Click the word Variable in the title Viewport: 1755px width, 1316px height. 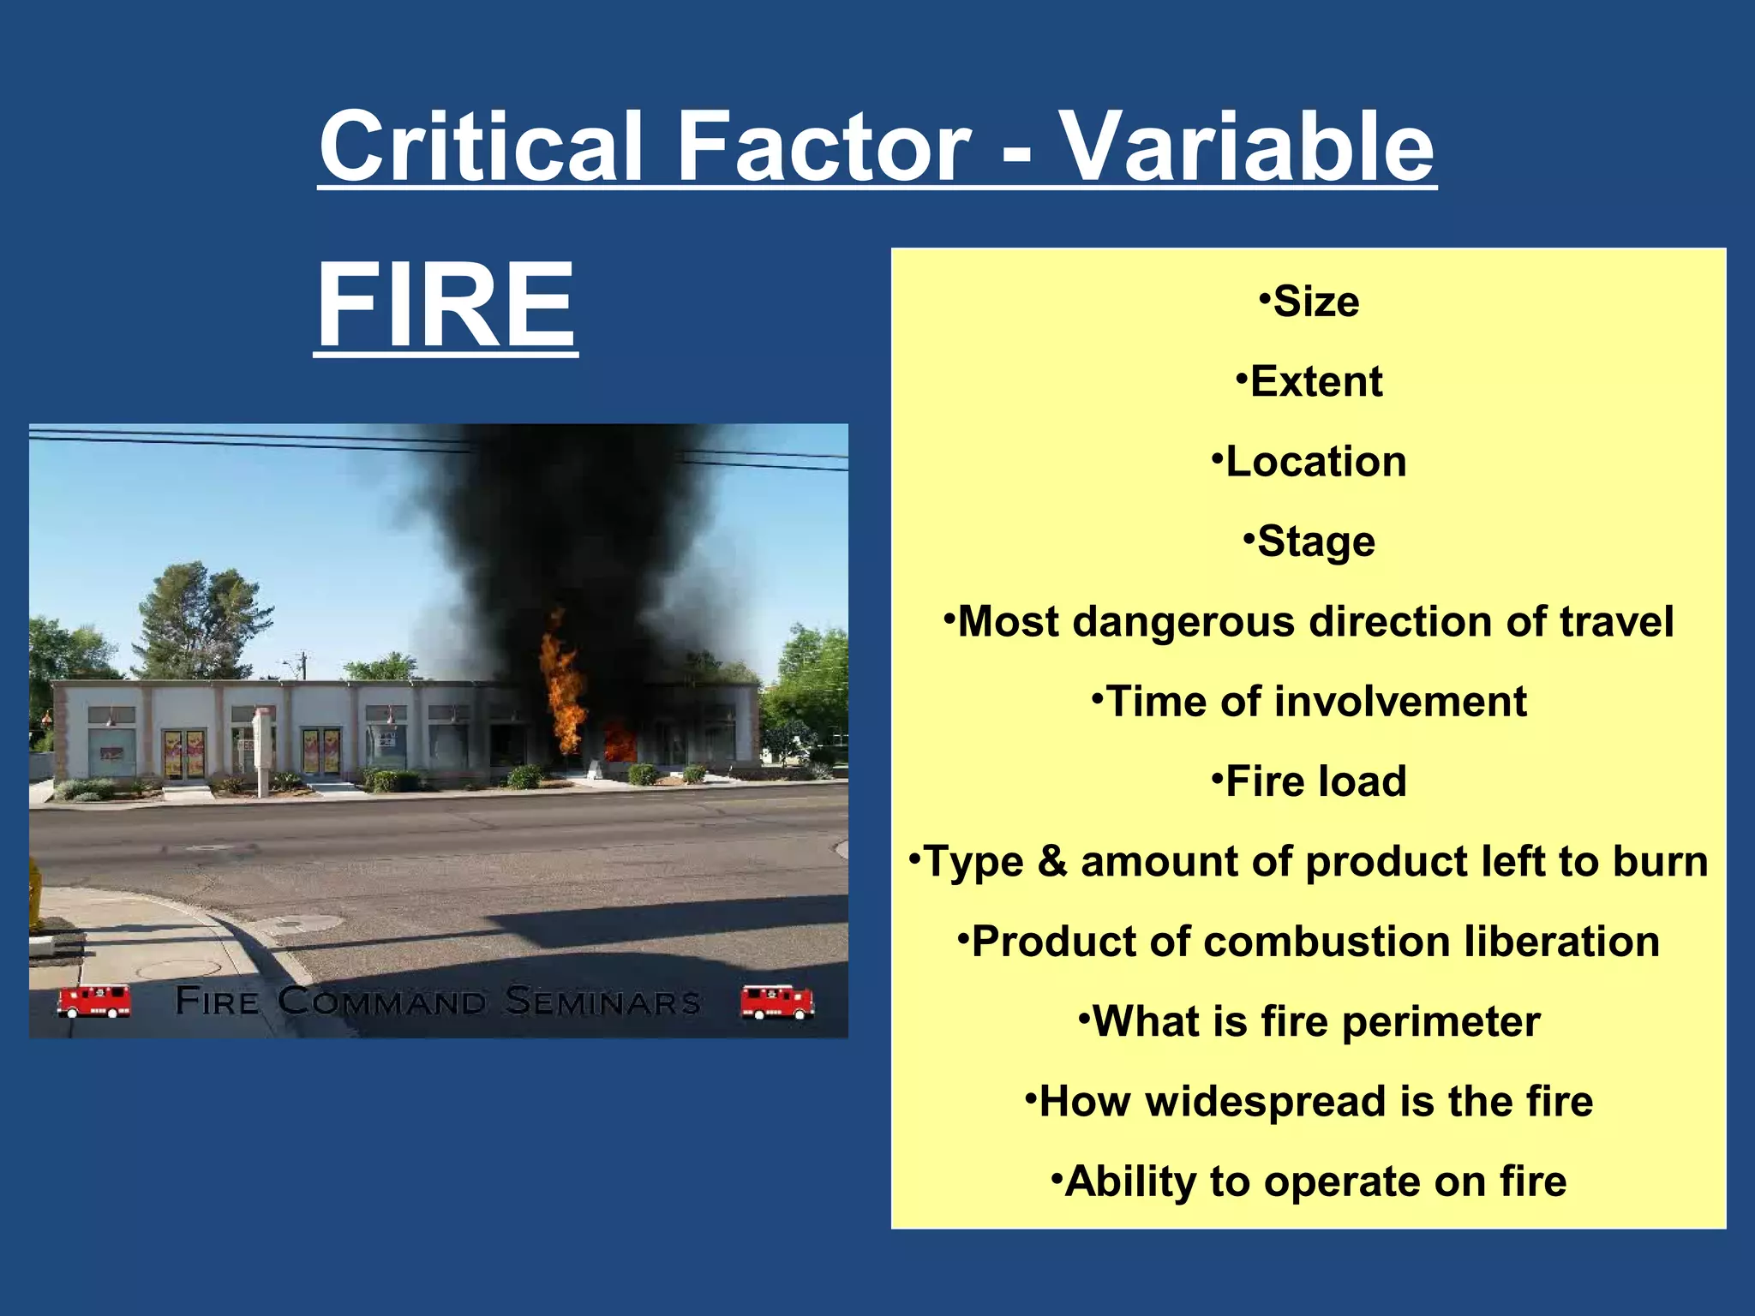(1248, 146)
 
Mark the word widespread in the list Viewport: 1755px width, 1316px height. (1265, 1101)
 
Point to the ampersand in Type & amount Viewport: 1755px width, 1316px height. (1051, 861)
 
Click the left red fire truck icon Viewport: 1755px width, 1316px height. (94, 1000)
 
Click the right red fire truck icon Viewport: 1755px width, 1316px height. (776, 1002)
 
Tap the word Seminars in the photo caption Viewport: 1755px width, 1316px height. (602, 1001)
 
